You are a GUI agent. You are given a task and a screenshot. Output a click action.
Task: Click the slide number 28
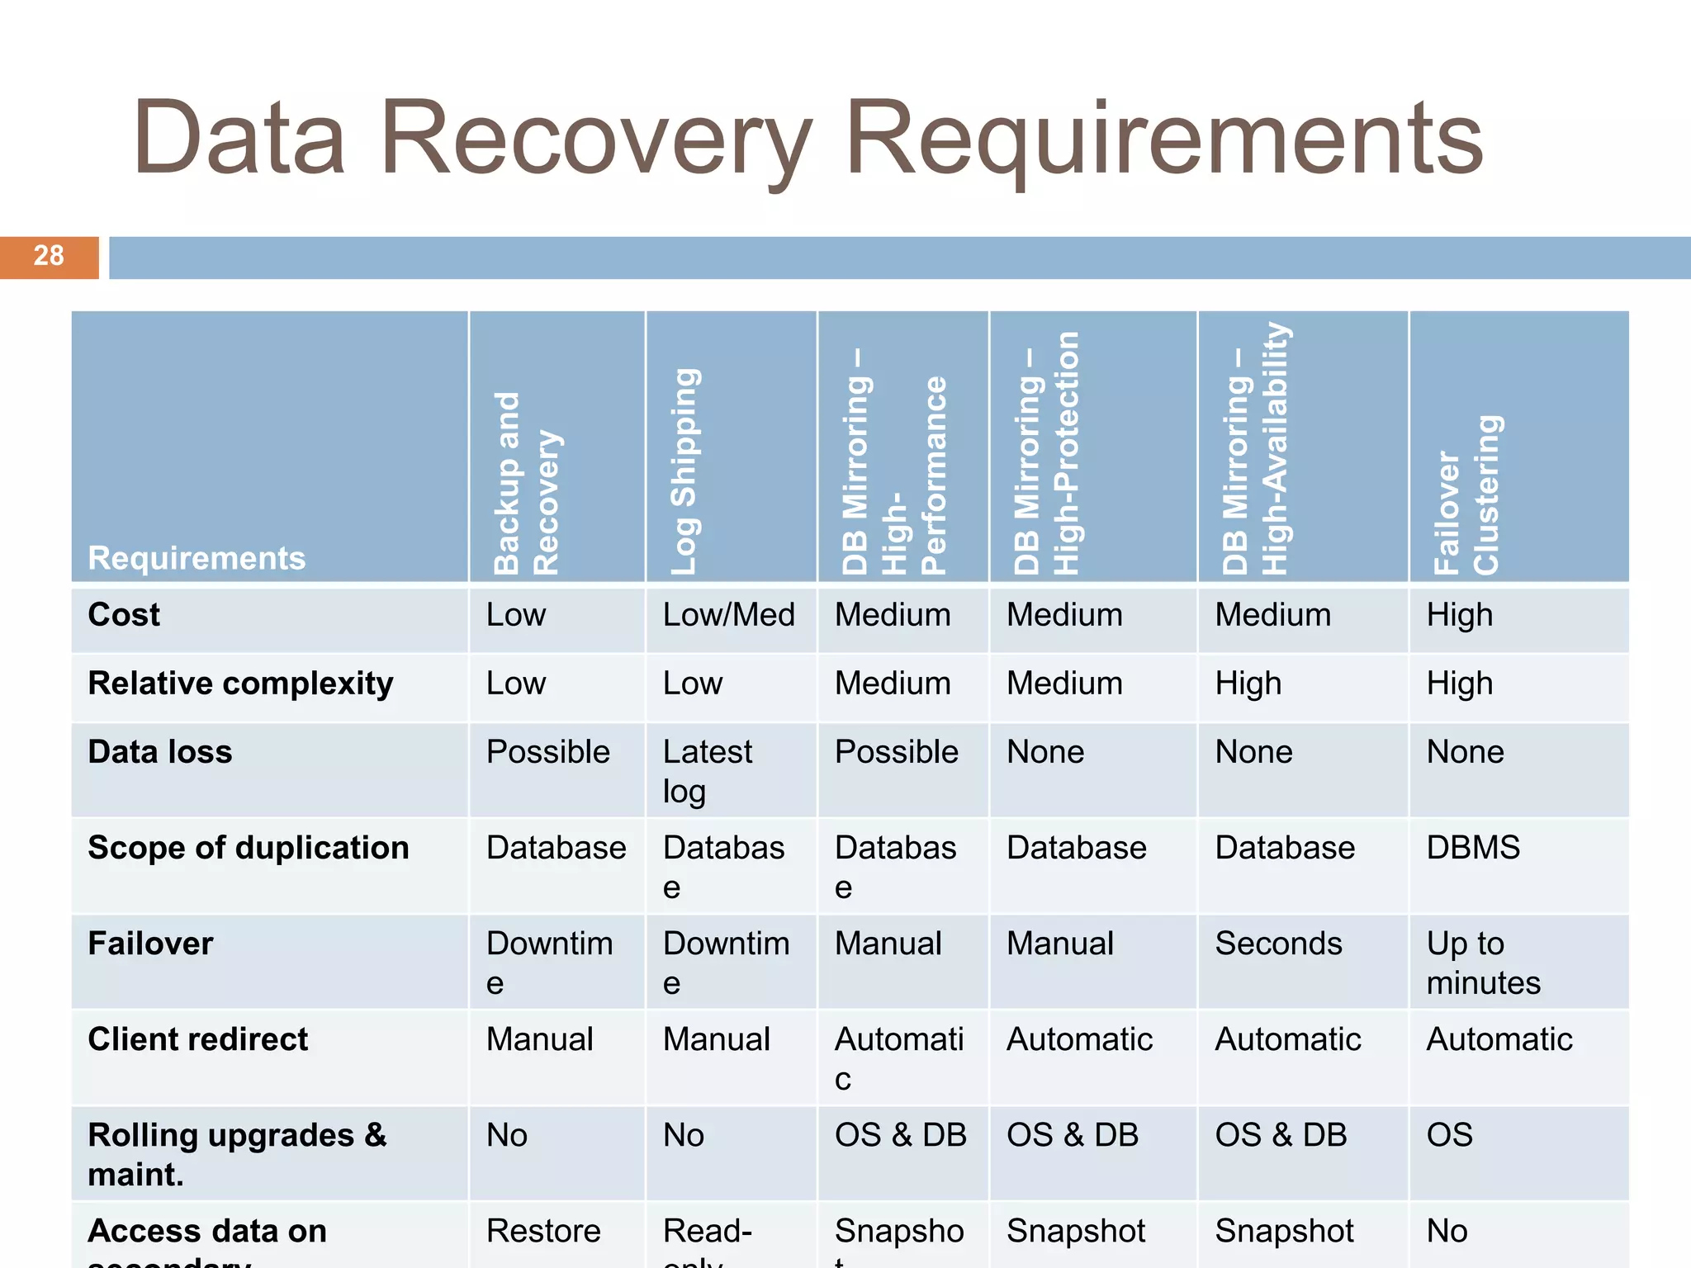(x=49, y=256)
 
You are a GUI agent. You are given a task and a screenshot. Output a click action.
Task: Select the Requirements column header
(x=197, y=558)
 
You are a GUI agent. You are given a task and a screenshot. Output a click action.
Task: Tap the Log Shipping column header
(x=684, y=471)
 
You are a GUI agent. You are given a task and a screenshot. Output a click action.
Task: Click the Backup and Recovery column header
(x=527, y=483)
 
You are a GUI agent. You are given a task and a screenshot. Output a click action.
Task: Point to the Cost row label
(x=124, y=615)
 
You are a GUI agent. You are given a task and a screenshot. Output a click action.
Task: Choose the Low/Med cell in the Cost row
(x=728, y=615)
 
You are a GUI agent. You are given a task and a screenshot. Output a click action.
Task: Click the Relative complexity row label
(x=240, y=684)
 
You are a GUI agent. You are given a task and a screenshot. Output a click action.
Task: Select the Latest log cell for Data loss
(x=707, y=771)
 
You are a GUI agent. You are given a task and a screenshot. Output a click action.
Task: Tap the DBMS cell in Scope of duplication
(x=1473, y=848)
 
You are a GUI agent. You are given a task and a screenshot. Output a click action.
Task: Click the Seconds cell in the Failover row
(x=1278, y=944)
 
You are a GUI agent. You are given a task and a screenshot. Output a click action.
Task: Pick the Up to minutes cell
(x=1483, y=963)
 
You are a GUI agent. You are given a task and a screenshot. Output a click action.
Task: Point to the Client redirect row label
(x=198, y=1039)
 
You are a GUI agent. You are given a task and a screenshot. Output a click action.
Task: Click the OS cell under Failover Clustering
(x=1449, y=1135)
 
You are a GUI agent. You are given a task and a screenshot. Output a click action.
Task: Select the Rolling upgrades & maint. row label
(x=236, y=1154)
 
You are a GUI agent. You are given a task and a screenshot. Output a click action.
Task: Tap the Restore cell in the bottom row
(x=543, y=1231)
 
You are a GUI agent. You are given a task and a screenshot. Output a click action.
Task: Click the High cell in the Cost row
(x=1460, y=615)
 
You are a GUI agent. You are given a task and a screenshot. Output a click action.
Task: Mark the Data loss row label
(x=160, y=752)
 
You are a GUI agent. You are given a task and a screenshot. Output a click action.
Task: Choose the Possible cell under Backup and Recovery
(x=547, y=752)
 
